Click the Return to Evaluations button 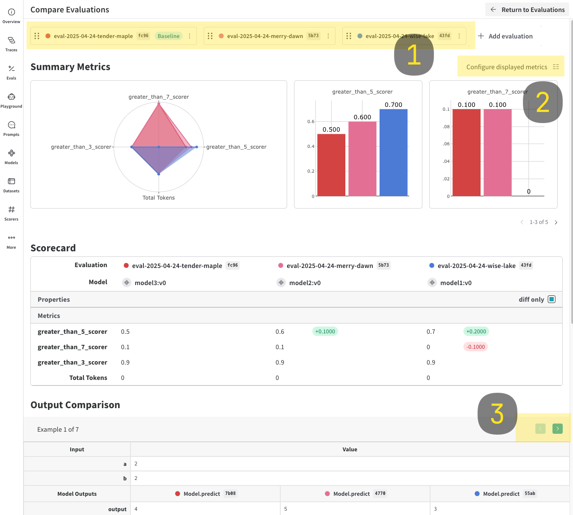coord(528,9)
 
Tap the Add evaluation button coord(505,36)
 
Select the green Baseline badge coord(168,36)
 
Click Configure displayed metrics coord(512,67)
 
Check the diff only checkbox coord(552,299)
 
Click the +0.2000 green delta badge coord(476,332)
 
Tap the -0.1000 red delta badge coord(475,347)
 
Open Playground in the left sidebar coord(12,100)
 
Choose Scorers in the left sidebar coord(12,213)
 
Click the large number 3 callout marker coord(497,414)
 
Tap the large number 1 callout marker coord(414,55)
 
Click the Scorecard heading coord(53,248)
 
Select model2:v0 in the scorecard coord(305,283)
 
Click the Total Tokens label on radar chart coord(159,198)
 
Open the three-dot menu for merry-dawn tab coord(328,36)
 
